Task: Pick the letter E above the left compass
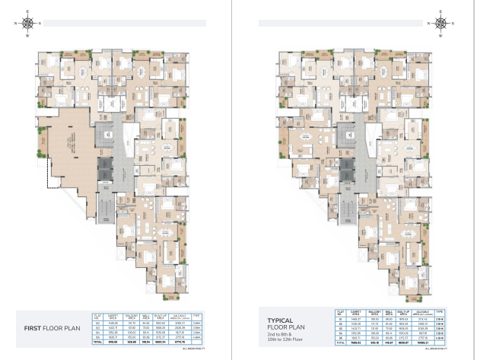click(29, 11)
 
